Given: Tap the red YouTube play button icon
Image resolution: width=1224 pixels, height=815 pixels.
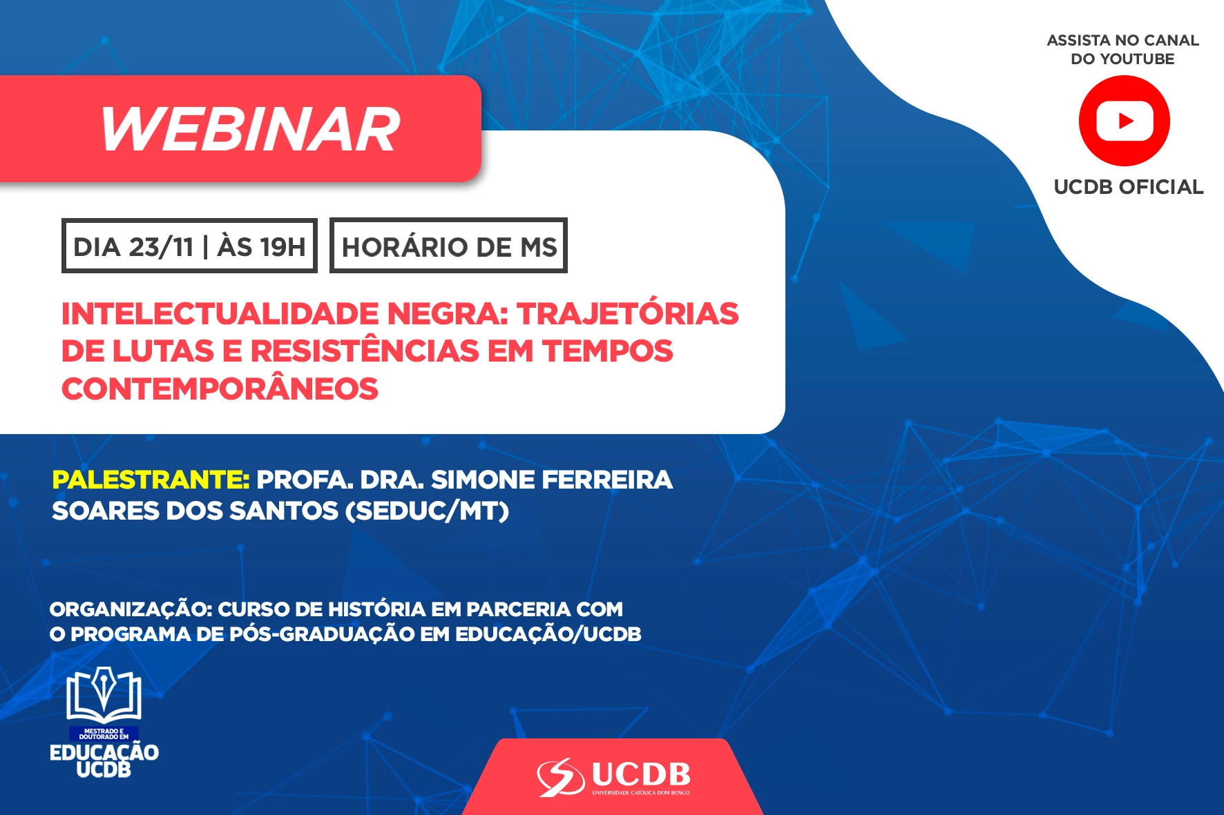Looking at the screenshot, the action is tap(1124, 121).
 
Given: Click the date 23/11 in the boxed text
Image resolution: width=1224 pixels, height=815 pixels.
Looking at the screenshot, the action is tap(161, 247).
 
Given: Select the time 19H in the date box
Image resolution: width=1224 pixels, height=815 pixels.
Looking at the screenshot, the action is tap(283, 247).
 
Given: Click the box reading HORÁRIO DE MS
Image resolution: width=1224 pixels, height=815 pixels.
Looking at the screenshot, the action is tap(448, 246).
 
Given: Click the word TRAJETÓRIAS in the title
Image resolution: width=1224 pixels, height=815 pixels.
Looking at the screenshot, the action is tap(628, 314).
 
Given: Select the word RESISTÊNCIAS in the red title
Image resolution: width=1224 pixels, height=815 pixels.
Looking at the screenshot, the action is tap(365, 351).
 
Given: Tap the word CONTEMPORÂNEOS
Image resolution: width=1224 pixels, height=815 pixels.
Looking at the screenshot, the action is tap(220, 389).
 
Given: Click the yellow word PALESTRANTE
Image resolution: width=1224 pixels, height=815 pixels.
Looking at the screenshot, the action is tap(151, 480).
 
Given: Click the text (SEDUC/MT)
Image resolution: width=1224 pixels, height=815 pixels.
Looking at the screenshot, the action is tap(427, 511).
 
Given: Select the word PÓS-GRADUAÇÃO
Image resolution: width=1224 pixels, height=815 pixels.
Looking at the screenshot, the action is tap(322, 634).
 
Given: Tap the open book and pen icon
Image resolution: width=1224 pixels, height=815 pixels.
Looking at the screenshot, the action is tap(104, 696).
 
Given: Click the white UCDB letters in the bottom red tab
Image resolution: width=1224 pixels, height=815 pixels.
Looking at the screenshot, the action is tap(641, 775).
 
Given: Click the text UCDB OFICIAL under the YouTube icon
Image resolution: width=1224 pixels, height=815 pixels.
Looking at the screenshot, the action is tap(1129, 187).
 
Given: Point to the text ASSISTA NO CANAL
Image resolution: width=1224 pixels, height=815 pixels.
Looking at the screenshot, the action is tap(1123, 41).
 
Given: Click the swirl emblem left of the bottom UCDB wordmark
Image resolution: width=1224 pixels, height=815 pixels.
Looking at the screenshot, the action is tap(561, 777).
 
